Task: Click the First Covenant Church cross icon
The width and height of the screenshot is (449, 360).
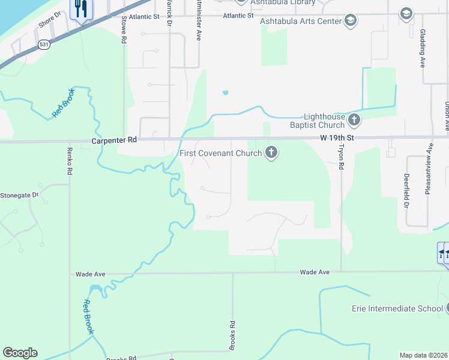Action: pos(271,153)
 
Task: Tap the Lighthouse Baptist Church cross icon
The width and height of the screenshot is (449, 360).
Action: pos(354,121)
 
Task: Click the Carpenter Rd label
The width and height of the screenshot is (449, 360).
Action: pos(115,140)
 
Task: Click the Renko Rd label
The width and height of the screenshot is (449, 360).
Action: pos(70,161)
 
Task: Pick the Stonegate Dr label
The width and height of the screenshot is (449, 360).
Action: pos(19,195)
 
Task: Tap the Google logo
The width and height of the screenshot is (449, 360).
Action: pos(20,353)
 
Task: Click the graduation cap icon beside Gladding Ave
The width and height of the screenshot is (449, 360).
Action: pos(406,14)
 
